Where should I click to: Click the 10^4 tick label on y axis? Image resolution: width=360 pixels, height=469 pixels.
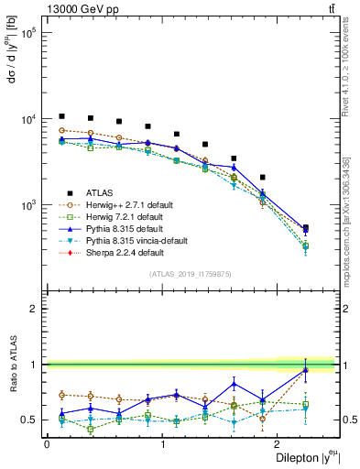tap(28, 119)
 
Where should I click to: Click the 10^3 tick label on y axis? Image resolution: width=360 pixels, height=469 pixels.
tap(28, 205)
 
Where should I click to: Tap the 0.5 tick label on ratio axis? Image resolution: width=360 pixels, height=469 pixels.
tap(31, 420)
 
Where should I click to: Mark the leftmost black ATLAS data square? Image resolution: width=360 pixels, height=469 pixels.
tap(61, 116)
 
